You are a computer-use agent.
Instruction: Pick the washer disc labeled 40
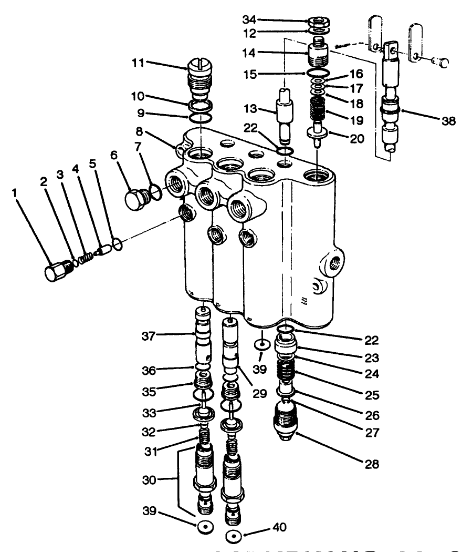click(233, 537)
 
